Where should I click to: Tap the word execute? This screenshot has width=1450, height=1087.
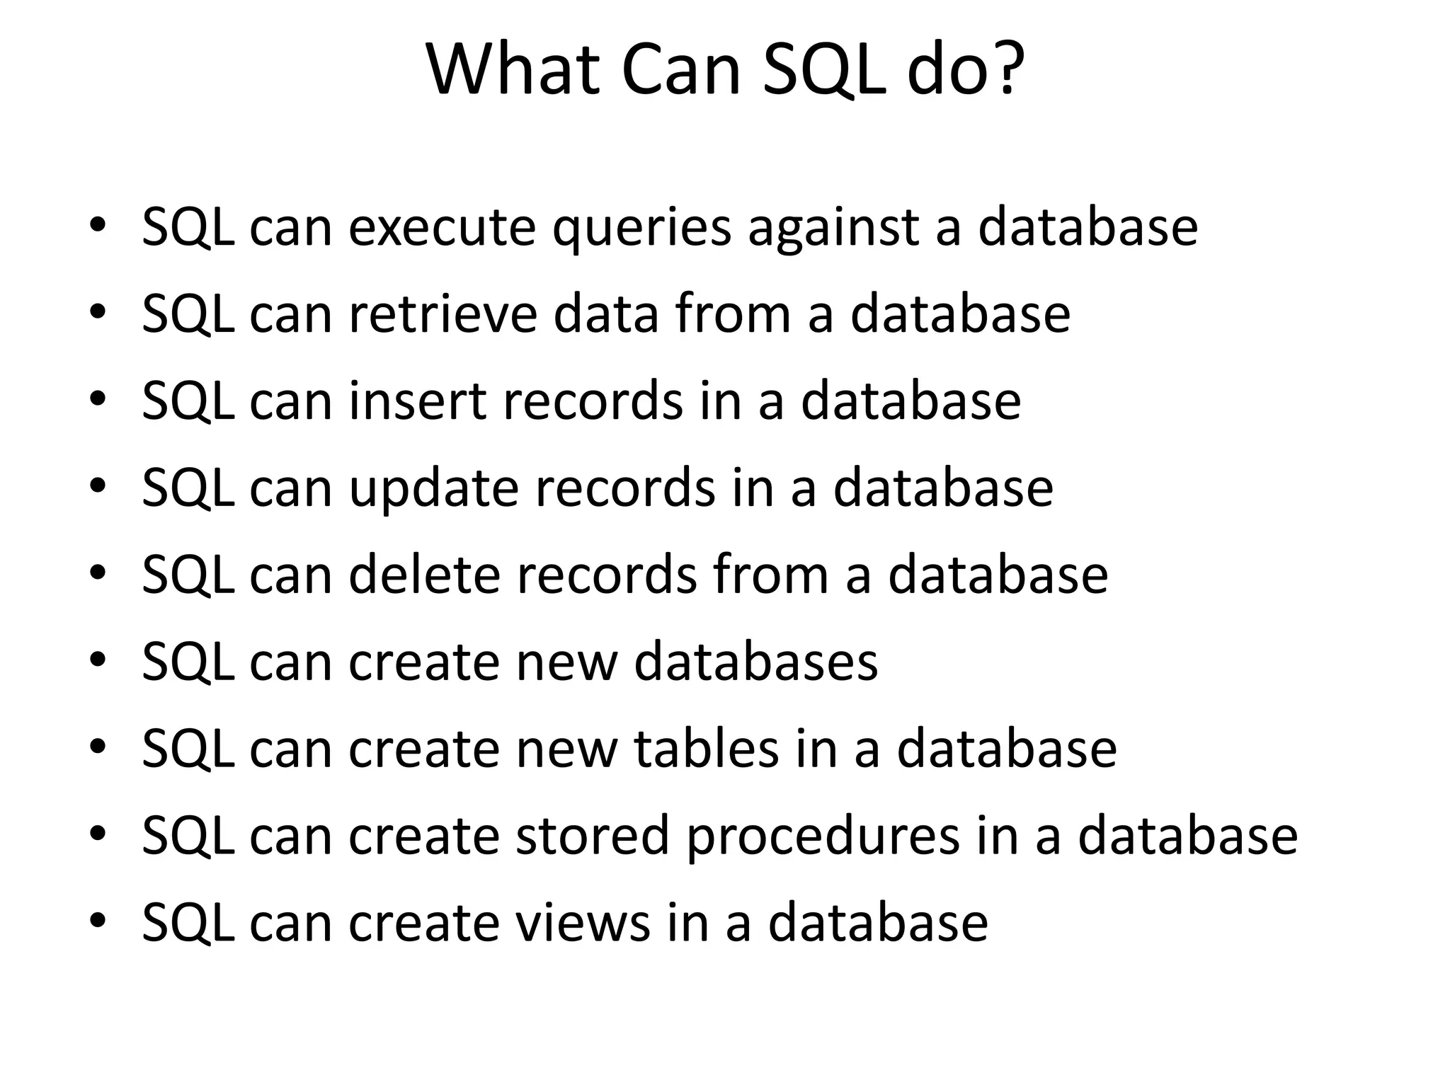[x=443, y=228]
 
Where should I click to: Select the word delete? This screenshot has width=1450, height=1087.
[x=424, y=574]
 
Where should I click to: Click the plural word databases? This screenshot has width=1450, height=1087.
[x=755, y=662]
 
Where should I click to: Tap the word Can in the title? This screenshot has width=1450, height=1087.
[x=681, y=71]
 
